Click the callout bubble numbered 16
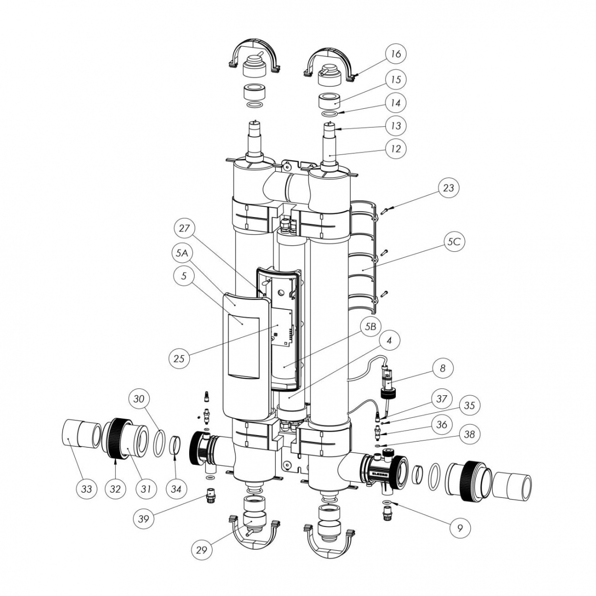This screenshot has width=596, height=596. [395, 53]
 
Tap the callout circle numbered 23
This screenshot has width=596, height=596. [448, 188]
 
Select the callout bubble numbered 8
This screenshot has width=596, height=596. [443, 368]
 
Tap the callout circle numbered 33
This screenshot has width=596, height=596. [86, 489]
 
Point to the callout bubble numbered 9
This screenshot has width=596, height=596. [460, 528]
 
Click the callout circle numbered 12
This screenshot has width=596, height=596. [395, 149]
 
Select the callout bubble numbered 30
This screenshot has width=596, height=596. [140, 398]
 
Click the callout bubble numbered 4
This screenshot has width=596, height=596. [390, 341]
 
